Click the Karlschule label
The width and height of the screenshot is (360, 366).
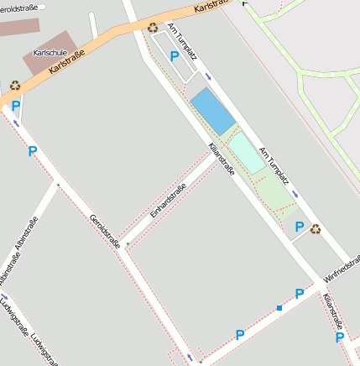click(x=50, y=53)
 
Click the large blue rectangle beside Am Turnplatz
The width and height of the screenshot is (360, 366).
click(x=212, y=112)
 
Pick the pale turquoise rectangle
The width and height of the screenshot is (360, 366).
click(x=247, y=152)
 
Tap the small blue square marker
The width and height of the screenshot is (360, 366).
click(x=279, y=308)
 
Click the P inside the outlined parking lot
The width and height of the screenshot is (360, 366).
click(x=174, y=56)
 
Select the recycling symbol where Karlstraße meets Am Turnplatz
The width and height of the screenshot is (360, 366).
click(x=153, y=27)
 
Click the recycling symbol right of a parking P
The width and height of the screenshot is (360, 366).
click(x=315, y=228)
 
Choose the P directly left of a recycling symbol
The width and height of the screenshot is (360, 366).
click(x=299, y=226)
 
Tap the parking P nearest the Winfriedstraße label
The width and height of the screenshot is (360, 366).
click(x=299, y=294)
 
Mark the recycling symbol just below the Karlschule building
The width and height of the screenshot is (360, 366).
click(x=15, y=85)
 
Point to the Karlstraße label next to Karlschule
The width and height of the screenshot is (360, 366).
click(x=66, y=60)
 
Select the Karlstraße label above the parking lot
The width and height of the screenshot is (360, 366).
click(x=211, y=6)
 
